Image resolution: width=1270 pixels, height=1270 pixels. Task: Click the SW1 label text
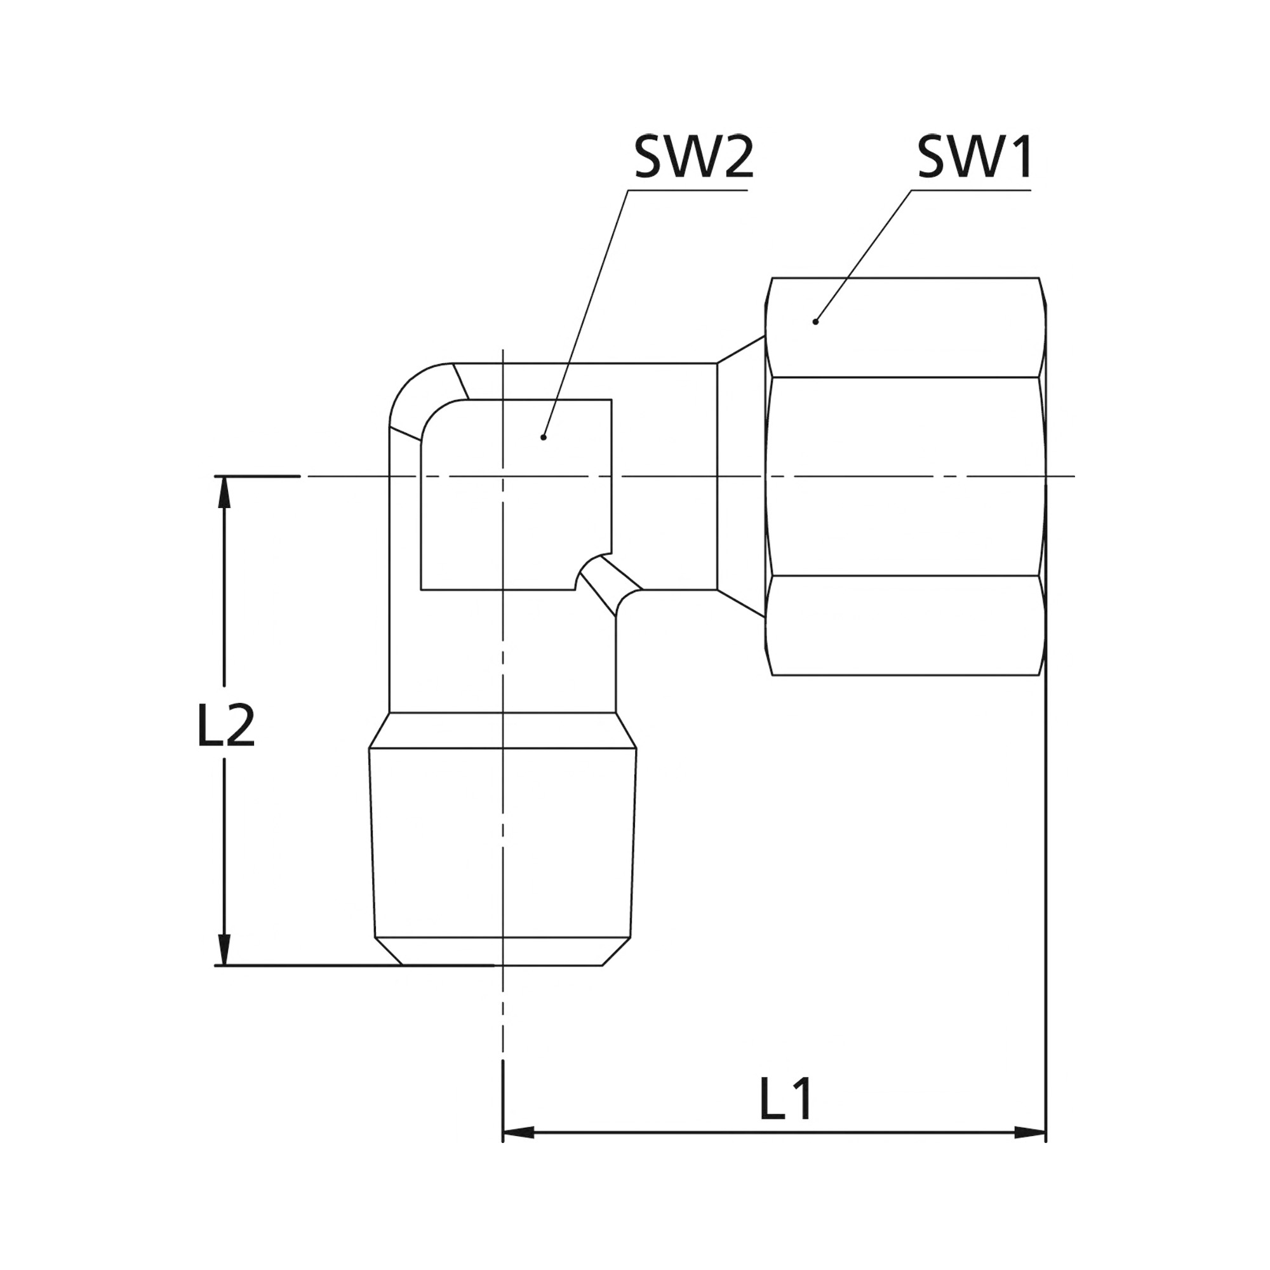pos(975,157)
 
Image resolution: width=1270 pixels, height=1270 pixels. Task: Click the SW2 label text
pos(693,157)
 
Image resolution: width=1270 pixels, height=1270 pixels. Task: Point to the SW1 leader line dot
pos(815,321)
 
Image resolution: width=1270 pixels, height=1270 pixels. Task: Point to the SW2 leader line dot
pos(543,437)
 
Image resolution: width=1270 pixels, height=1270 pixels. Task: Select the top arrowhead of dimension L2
pos(225,491)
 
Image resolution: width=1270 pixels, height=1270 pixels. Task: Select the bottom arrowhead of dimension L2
pos(225,950)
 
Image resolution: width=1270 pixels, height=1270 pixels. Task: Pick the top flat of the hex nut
pos(905,328)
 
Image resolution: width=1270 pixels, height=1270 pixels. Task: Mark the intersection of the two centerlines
pos(503,476)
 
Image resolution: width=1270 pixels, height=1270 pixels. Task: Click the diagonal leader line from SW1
pos(863,256)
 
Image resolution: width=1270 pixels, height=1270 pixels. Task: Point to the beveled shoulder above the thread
pos(503,730)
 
